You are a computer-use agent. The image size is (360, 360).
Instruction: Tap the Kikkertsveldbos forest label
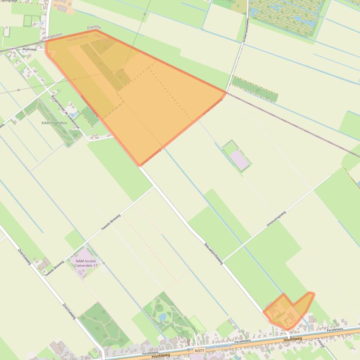54,122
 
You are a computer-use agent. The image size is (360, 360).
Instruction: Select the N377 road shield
199,350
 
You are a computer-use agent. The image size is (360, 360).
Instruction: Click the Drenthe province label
94,28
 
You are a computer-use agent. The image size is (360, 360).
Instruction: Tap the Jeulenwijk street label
23,48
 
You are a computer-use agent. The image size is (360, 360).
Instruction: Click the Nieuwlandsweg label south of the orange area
213,253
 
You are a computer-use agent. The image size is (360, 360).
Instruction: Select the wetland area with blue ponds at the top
287,17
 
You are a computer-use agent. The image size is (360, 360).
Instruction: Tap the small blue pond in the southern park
162,317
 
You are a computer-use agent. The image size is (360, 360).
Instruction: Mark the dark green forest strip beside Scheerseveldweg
254,89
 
